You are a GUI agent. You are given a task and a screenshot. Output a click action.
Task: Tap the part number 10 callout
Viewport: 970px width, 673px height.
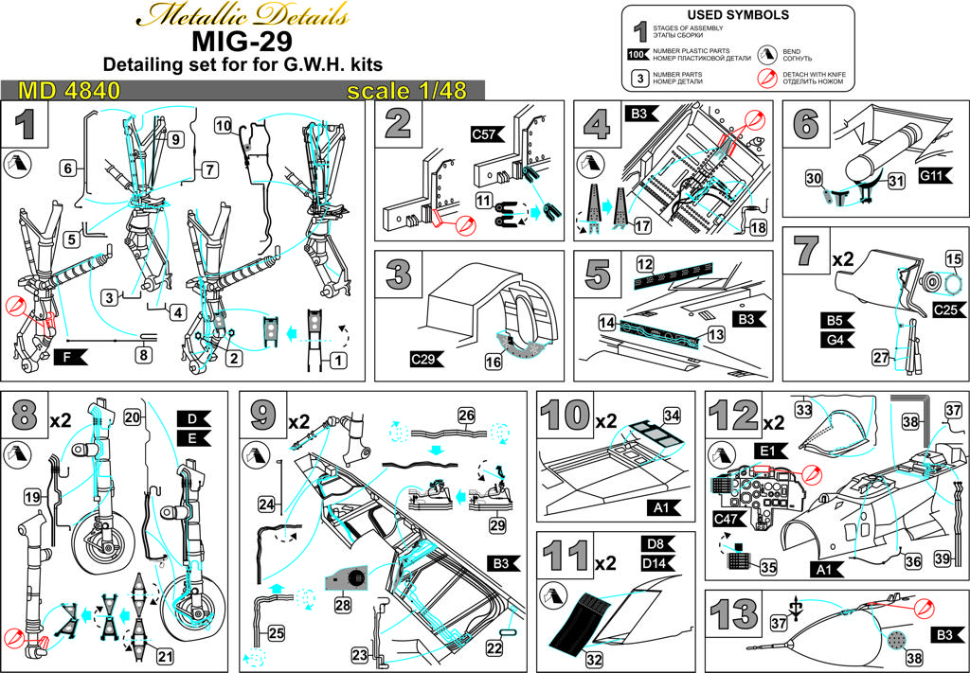tap(224, 125)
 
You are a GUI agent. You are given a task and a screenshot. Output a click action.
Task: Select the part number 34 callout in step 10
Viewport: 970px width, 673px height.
tap(672, 416)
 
